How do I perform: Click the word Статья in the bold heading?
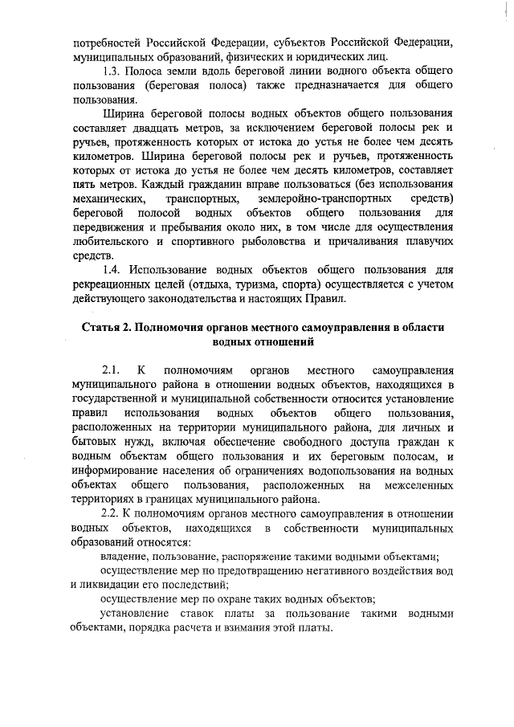coord(103,328)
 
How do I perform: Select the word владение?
coord(125,555)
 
